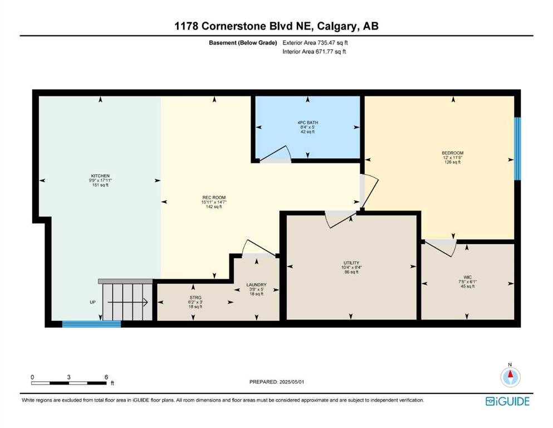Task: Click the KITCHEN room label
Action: [x=100, y=176]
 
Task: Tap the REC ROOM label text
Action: [x=214, y=198]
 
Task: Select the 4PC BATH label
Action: [x=307, y=123]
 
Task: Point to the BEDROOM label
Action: [x=453, y=153]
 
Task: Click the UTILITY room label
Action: [x=351, y=263]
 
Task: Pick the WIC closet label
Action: [x=467, y=278]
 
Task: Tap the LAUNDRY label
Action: [x=256, y=285]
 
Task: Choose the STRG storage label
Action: [x=195, y=298]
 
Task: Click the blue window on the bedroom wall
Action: [x=517, y=149]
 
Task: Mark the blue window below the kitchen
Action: [x=92, y=324]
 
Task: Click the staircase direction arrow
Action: [x=128, y=303]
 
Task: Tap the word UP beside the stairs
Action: [x=92, y=303]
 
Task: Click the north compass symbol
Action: [x=510, y=377]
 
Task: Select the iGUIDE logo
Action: [x=507, y=401]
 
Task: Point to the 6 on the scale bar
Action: [x=106, y=377]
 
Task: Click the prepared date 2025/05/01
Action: [x=292, y=382]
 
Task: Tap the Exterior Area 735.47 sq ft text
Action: [x=315, y=43]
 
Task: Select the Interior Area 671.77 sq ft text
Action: [x=314, y=51]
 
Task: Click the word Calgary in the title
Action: [x=336, y=26]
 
